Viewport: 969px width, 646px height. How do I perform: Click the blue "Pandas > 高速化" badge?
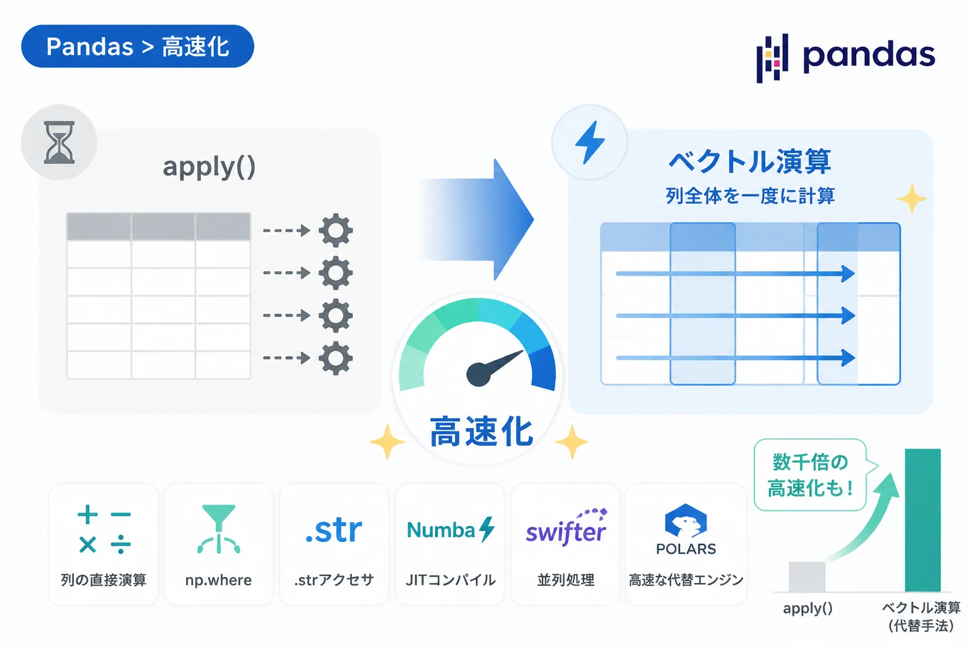click(x=138, y=46)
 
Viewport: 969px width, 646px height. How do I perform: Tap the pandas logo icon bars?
click(x=772, y=58)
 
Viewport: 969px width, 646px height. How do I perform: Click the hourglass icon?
click(x=59, y=143)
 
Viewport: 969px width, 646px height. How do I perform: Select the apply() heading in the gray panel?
click(x=209, y=167)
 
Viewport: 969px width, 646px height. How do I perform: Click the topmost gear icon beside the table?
click(x=336, y=230)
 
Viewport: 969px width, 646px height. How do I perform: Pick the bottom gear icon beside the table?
click(x=336, y=358)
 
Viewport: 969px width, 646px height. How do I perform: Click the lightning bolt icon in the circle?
click(x=590, y=143)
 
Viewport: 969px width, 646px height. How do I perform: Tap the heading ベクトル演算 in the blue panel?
click(x=749, y=161)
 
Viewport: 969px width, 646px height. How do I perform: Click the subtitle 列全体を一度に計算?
click(x=750, y=196)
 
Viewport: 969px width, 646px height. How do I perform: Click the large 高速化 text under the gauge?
click(x=481, y=432)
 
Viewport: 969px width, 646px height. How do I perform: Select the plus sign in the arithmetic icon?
click(x=88, y=514)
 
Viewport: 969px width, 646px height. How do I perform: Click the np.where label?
click(x=218, y=580)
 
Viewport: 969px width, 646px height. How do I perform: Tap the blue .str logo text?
click(x=334, y=530)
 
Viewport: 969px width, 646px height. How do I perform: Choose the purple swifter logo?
click(x=567, y=529)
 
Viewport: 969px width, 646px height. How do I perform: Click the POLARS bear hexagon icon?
click(x=686, y=520)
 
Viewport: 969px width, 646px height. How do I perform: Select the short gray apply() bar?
click(x=807, y=577)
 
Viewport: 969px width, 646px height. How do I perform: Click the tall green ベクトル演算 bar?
click(x=923, y=520)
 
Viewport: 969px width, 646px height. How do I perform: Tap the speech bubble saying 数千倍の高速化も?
click(x=811, y=475)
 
